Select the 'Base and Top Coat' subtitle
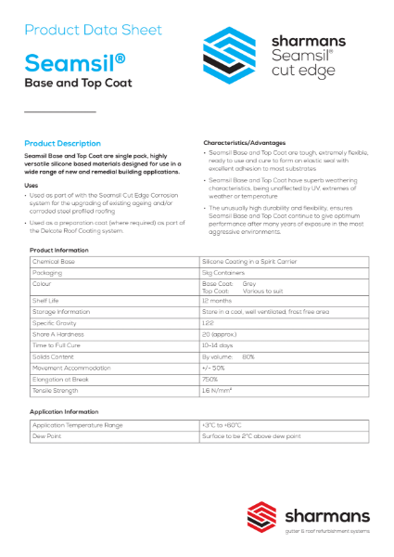point(78,84)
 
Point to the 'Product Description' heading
point(63,144)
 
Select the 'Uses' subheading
point(32,186)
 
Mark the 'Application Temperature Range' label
point(78,424)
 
